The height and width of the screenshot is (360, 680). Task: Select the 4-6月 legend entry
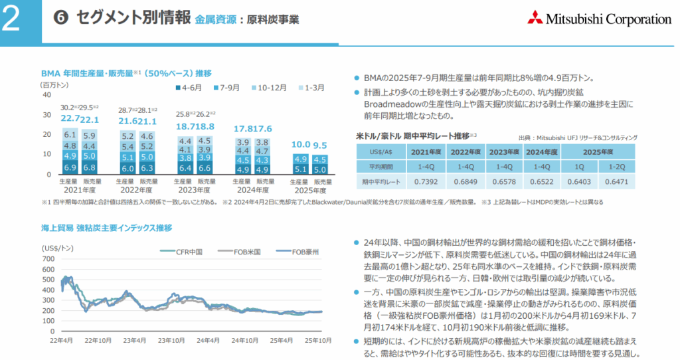(190, 87)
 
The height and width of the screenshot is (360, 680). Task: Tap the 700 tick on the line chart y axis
(50, 257)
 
